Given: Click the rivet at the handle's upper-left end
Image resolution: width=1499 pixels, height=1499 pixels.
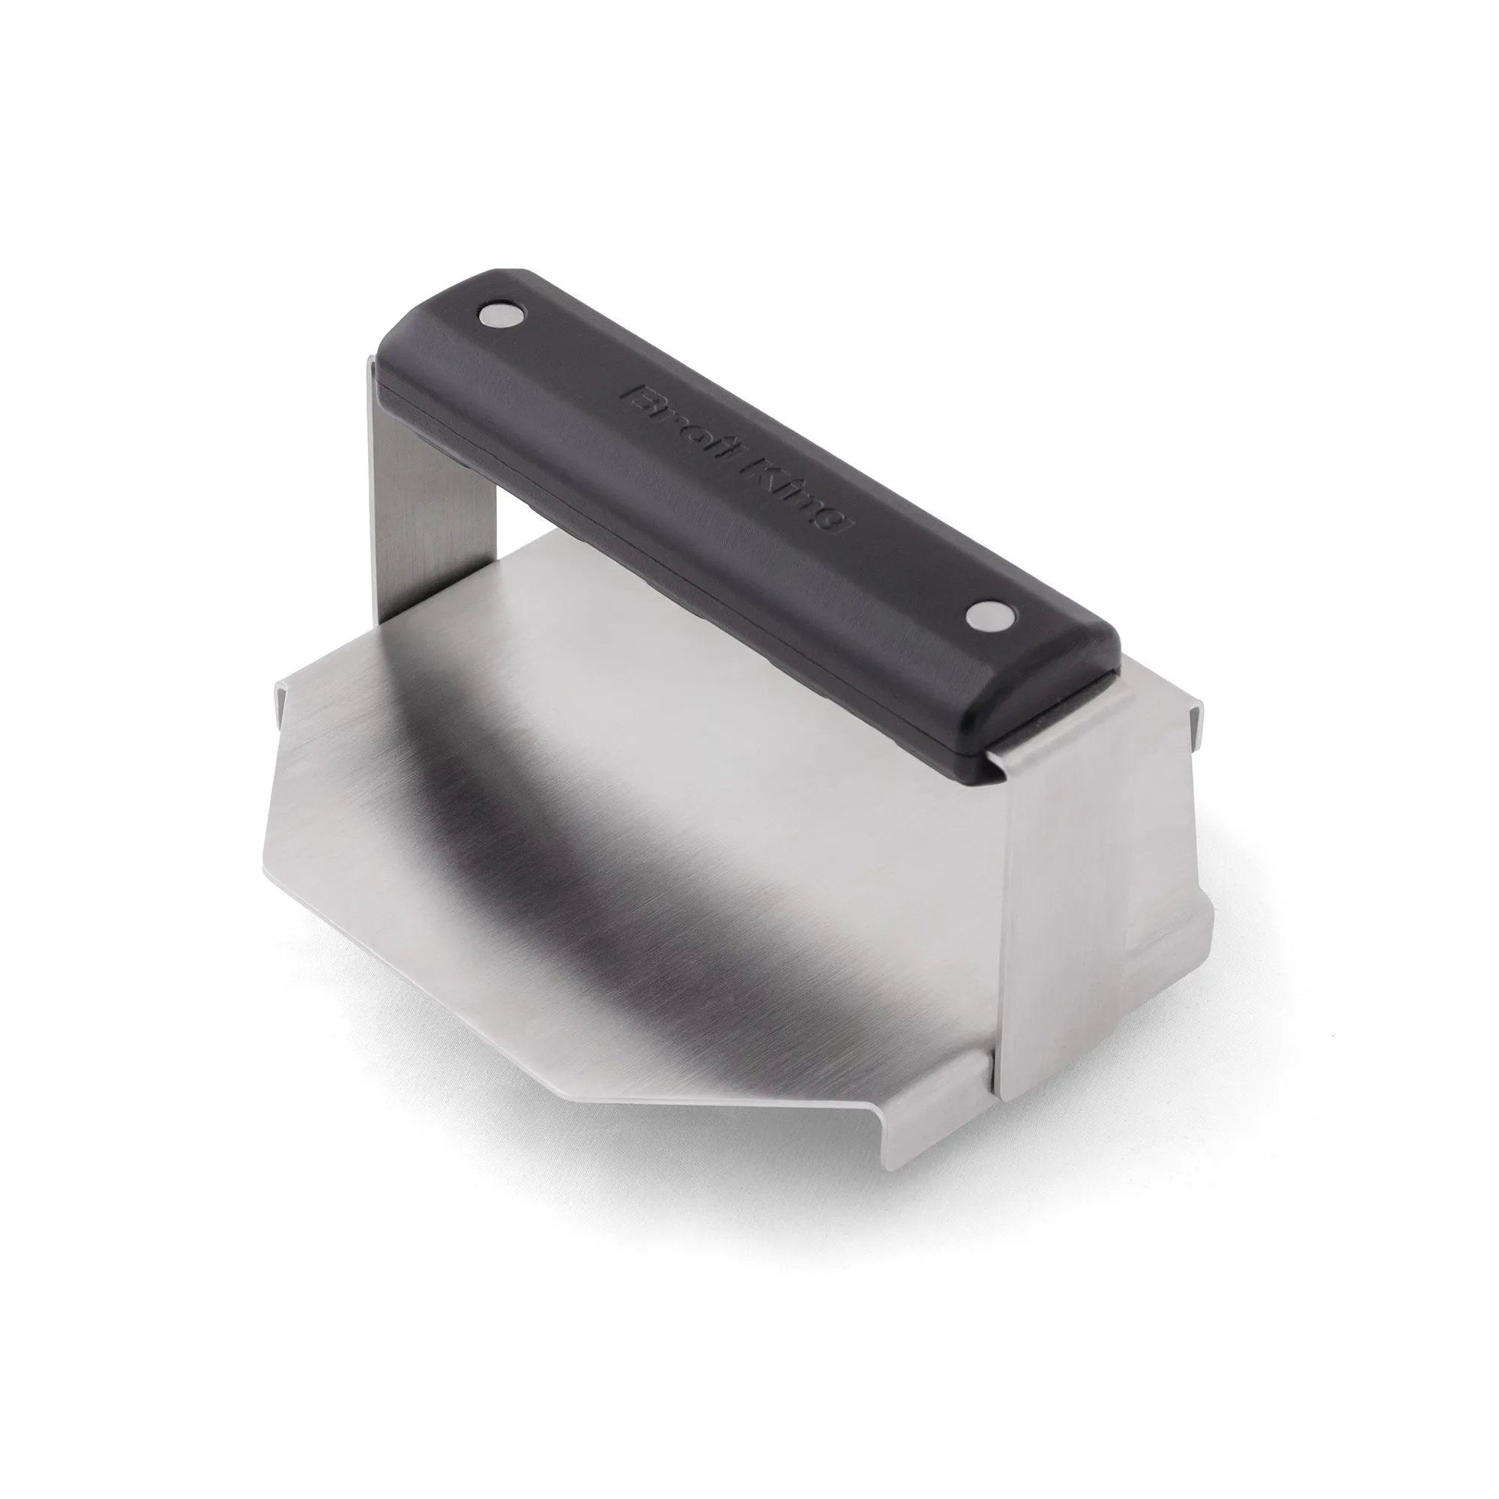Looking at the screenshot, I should coord(501,314).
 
